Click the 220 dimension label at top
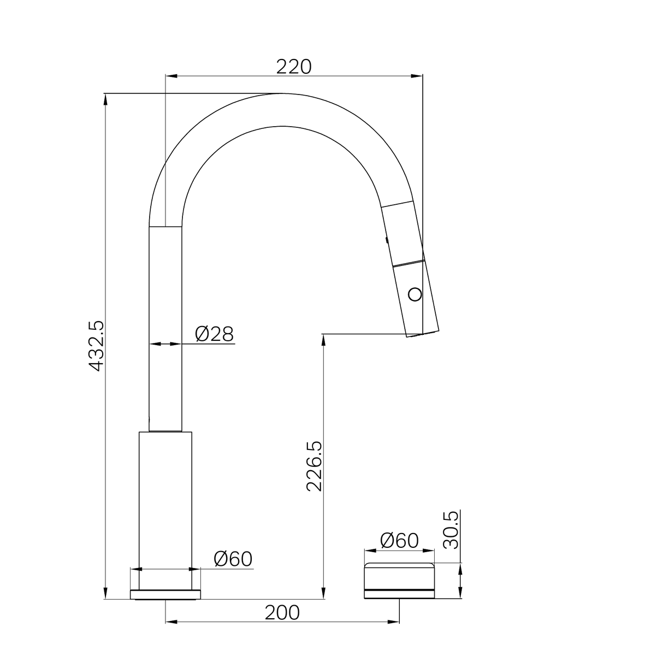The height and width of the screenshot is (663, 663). point(293,67)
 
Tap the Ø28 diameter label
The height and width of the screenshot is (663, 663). point(214,333)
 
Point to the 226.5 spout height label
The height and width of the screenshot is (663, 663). point(315,466)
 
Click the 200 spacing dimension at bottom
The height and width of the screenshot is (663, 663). point(282,613)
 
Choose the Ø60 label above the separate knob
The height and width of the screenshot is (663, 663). point(399,541)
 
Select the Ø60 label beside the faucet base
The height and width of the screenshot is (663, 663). point(233,559)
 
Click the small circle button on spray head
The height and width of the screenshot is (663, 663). point(416,294)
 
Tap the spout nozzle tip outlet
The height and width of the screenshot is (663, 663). point(422,333)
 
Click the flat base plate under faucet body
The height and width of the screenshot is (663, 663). point(165,594)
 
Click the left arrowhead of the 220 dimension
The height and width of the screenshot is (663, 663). point(169,76)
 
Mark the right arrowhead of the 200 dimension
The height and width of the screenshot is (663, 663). point(395,621)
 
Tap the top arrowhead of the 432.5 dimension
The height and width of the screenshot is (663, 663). point(105,98)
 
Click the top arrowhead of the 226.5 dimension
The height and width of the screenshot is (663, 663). point(324,337)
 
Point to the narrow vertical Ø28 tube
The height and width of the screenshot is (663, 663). point(165,328)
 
